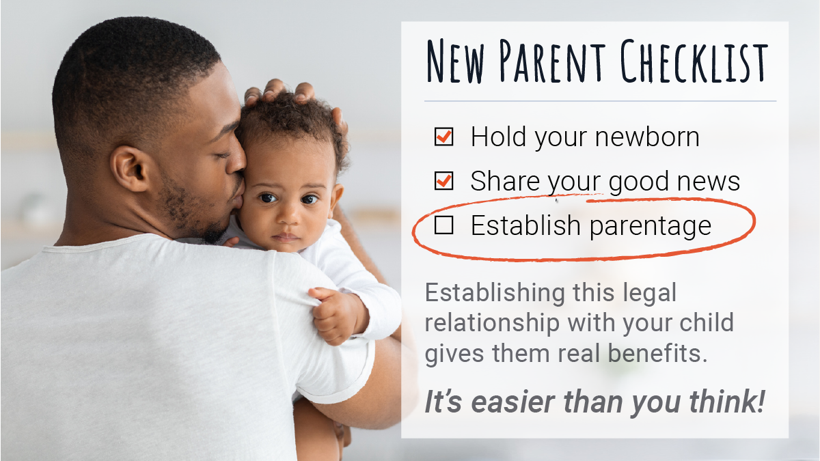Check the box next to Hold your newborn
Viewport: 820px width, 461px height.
443,137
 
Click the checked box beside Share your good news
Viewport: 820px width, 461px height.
443,181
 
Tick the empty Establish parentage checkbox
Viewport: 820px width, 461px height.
443,225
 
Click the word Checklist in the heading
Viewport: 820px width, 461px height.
694,61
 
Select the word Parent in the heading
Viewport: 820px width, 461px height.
552,61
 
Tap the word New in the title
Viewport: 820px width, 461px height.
456,61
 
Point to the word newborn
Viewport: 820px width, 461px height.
647,137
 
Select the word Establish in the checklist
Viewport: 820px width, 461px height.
525,225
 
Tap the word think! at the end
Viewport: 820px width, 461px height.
727,402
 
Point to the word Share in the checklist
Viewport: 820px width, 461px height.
505,181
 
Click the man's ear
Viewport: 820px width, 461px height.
131,168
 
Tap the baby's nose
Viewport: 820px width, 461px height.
288,215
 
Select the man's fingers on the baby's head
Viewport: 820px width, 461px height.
289,94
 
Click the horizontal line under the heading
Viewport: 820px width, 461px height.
601,100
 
